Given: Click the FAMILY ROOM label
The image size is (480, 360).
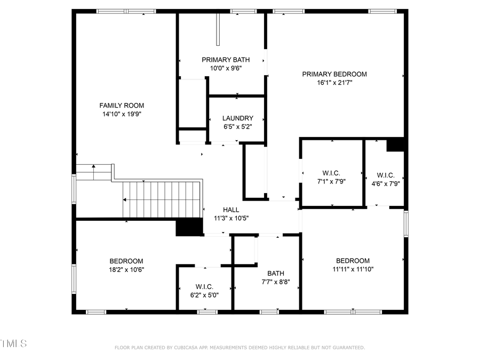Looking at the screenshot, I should click(x=122, y=106).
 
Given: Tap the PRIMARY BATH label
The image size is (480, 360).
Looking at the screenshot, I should click(x=226, y=60).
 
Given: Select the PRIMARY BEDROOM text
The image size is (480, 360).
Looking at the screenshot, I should click(x=334, y=74).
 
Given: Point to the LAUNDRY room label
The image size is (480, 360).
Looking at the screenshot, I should click(x=238, y=118).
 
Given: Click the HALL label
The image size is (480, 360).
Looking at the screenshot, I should click(x=231, y=210).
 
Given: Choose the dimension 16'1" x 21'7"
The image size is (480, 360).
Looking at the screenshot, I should click(x=334, y=83).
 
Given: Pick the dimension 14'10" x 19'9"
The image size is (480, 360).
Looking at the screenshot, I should click(x=122, y=114).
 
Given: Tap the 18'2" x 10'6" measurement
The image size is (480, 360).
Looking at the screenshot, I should click(x=126, y=269).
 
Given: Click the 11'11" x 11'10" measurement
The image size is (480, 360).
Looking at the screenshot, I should click(x=353, y=269).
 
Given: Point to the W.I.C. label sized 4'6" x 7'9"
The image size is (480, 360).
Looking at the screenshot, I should click(x=385, y=175).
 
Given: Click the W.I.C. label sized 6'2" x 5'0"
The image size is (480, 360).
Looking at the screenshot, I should click(x=204, y=286).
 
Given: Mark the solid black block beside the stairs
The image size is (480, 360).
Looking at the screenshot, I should click(x=189, y=228).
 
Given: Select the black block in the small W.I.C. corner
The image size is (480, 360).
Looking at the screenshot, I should click(x=396, y=145).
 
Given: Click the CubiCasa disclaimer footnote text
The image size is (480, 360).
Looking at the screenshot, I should click(x=240, y=348).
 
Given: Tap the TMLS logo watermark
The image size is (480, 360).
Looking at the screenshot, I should click(x=13, y=343).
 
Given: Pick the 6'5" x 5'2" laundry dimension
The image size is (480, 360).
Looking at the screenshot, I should click(x=238, y=127).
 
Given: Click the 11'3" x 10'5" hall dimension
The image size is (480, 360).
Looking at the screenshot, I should click(x=231, y=218).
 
